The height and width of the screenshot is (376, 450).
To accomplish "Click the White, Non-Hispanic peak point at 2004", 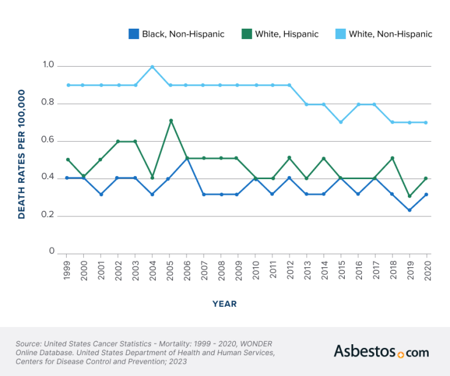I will (152, 67).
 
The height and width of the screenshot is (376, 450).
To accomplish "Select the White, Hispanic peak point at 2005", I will (170, 120).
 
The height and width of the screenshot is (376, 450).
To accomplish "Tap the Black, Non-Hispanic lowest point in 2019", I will (409, 210).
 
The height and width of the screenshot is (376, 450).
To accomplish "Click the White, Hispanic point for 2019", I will (409, 196).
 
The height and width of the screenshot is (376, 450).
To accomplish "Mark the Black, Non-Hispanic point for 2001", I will (101, 194).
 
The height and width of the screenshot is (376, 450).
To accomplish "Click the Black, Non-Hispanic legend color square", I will (133, 34).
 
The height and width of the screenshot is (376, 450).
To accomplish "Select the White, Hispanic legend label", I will (287, 34).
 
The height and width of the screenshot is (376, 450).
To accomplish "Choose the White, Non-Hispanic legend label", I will (389, 34).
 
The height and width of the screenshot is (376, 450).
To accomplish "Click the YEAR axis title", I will (224, 304).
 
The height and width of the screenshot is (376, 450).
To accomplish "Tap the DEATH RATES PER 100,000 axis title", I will (21, 154).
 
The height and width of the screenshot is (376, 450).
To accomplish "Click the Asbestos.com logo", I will (381, 352).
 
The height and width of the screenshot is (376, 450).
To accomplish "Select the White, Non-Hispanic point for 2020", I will (426, 122).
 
